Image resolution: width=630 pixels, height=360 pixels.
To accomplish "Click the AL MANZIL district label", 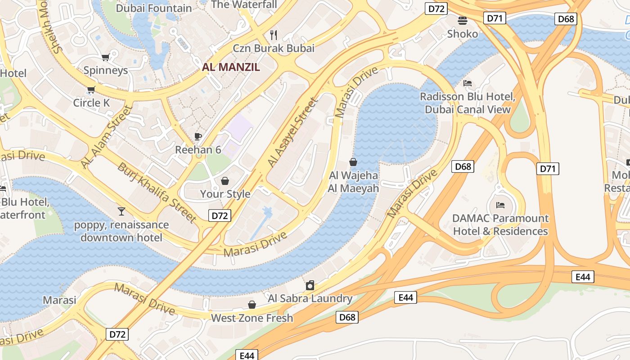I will click(x=231, y=67).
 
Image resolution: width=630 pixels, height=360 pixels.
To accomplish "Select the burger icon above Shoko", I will click(x=462, y=20).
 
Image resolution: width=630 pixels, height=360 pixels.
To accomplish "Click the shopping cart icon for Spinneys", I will click(x=106, y=57).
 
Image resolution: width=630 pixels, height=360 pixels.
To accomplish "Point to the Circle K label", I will click(x=91, y=103).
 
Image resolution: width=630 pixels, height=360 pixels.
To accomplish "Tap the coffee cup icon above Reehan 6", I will click(x=198, y=136).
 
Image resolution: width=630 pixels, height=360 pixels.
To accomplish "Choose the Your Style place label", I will click(x=225, y=194).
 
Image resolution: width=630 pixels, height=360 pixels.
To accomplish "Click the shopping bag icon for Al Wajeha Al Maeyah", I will click(x=353, y=162).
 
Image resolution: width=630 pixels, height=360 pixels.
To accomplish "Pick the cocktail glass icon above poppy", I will click(x=121, y=211).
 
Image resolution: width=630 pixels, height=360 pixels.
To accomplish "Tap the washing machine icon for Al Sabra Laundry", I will click(x=310, y=285).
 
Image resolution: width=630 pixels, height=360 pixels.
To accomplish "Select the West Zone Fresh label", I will click(x=252, y=318).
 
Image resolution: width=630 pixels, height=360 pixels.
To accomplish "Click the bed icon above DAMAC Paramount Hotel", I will click(x=500, y=205).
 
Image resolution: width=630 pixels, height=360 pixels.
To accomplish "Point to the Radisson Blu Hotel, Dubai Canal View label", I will click(x=468, y=103).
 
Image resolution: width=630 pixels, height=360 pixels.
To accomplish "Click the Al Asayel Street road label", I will click(x=292, y=133).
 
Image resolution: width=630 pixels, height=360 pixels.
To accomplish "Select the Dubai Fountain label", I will click(x=154, y=8).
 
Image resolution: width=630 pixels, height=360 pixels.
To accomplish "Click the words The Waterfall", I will click(x=244, y=4).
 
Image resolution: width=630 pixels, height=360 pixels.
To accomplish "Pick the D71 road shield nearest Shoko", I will click(x=495, y=18).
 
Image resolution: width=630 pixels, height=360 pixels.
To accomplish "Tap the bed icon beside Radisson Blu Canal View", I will click(x=468, y=83).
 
